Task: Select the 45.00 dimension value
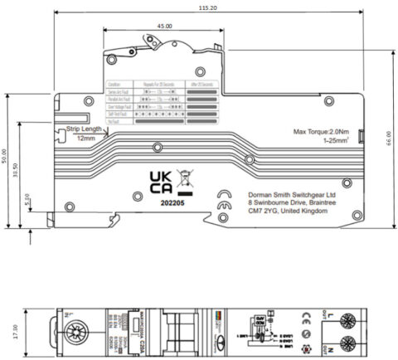pos(163,27)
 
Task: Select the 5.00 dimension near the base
pos(27,200)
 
